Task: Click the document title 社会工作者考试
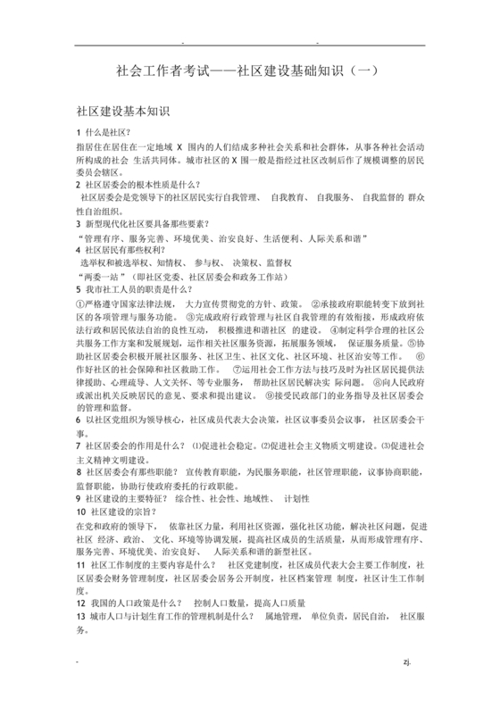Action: coord(249,71)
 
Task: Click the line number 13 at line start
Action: coord(80,616)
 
